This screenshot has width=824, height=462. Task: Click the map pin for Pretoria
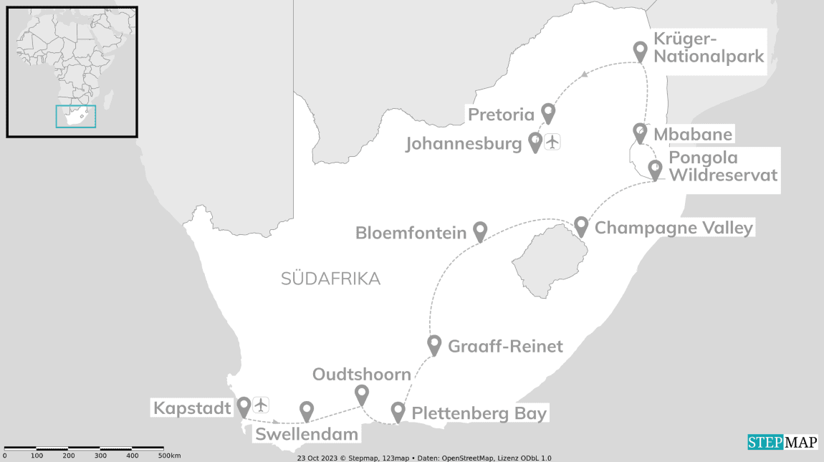[548, 112]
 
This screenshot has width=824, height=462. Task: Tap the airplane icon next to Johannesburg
[552, 142]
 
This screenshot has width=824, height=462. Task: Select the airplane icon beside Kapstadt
[261, 405]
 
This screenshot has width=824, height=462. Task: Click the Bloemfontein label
[411, 233]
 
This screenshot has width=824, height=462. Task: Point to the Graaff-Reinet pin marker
[433, 345]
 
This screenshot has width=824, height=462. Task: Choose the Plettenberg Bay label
[479, 413]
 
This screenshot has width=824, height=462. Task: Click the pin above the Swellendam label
[307, 410]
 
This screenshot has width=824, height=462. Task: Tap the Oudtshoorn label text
[362, 375]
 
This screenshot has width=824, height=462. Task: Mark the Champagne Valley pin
[581, 226]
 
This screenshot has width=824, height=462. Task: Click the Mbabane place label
[693, 134]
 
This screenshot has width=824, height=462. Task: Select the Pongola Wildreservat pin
[654, 169]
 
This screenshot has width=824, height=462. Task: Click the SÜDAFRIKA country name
[331, 279]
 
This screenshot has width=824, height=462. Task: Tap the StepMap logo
[782, 442]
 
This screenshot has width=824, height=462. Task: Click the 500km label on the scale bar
[169, 456]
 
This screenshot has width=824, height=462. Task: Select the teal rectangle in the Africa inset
[76, 116]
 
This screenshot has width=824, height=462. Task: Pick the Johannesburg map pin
[535, 143]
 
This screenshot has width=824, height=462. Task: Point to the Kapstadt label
[192, 408]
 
